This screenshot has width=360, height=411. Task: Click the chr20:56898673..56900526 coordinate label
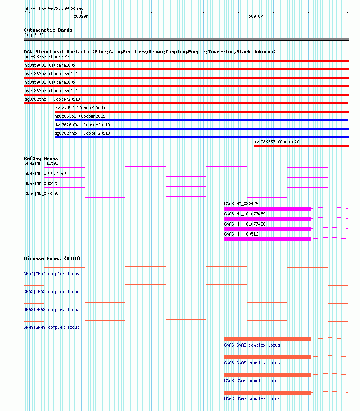pyautogui.click(x=53, y=9)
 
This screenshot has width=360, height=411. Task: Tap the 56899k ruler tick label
pyautogui.click(x=81, y=16)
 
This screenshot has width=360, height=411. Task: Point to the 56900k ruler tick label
pyautogui.click(x=256, y=16)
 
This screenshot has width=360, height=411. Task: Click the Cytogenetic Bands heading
pyautogui.click(x=48, y=30)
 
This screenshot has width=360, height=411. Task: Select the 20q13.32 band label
pyautogui.click(x=34, y=35)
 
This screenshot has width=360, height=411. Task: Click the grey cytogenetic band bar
pyautogui.click(x=186, y=39)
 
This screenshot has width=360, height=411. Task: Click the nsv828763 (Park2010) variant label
pyautogui.click(x=48, y=57)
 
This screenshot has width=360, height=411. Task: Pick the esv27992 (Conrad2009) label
pyautogui.click(x=80, y=108)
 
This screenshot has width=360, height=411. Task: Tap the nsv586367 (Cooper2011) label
pyautogui.click(x=280, y=142)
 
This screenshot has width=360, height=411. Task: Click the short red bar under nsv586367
pyautogui.click(x=301, y=146)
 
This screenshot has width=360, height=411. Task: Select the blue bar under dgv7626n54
pyautogui.click(x=201, y=129)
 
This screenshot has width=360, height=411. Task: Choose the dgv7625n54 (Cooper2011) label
pyautogui.click(x=52, y=99)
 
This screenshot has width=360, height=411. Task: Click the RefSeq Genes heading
pyautogui.click(x=41, y=158)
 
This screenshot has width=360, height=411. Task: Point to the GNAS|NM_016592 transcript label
pyautogui.click(x=41, y=163)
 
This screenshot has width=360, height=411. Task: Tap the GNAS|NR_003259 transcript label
pyautogui.click(x=41, y=194)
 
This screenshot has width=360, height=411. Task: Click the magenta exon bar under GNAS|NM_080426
pyautogui.click(x=268, y=209)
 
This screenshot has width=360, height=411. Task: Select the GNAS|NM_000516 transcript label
pyautogui.click(x=241, y=234)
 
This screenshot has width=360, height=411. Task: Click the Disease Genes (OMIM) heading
pyautogui.click(x=52, y=258)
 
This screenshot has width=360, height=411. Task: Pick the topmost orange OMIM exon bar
pyautogui.click(x=268, y=339)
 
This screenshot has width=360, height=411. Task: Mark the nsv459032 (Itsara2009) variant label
pyautogui.click(x=51, y=82)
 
